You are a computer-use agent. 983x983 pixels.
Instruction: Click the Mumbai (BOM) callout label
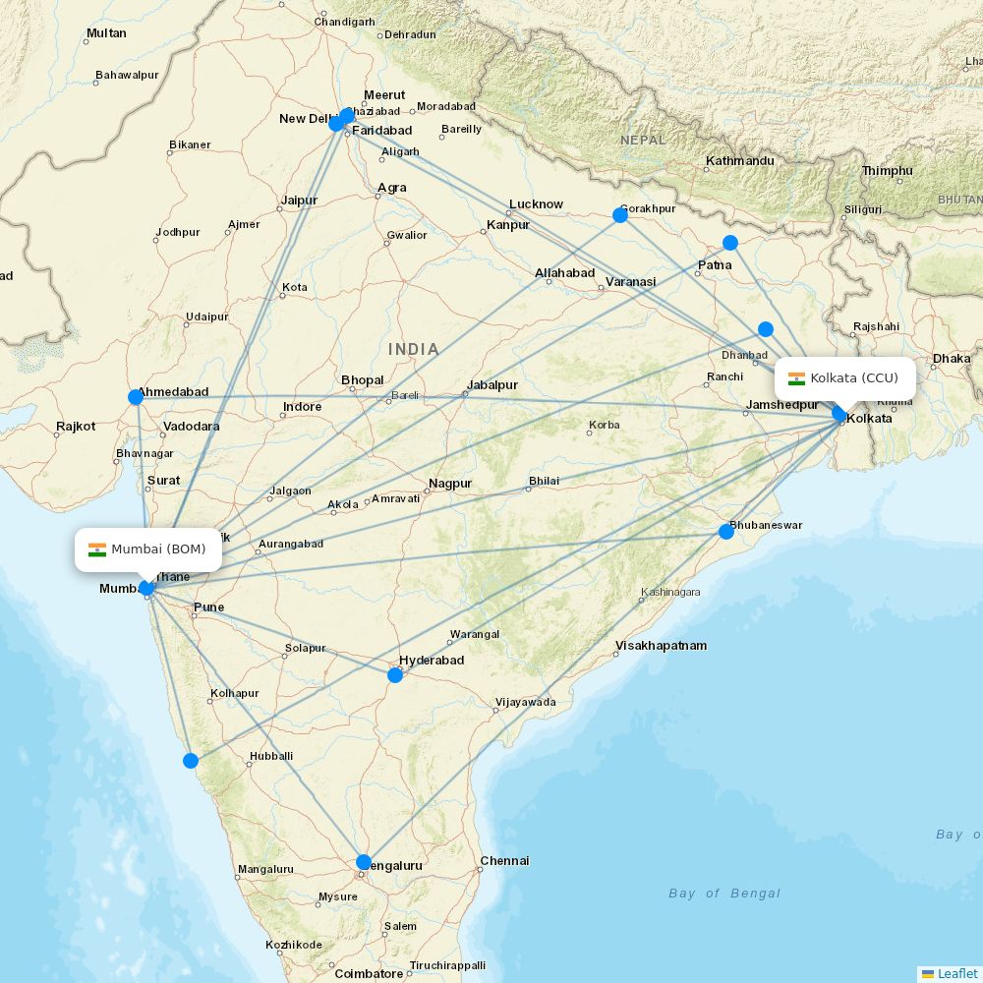coord(148,549)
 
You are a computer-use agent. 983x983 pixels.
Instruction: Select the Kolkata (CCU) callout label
coord(844,378)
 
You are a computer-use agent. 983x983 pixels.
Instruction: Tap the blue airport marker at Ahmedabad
coord(136,397)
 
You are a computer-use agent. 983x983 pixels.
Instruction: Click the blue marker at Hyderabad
coord(395,675)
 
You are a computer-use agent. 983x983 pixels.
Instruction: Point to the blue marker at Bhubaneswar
coord(726,532)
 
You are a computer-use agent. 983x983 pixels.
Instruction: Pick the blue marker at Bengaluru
coord(364,862)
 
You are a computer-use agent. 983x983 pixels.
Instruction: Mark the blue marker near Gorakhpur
coord(620,215)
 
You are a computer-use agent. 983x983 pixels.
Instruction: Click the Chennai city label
coord(504,861)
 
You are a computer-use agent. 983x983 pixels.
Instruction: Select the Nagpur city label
coord(450,484)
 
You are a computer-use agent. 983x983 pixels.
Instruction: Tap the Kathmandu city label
coord(740,161)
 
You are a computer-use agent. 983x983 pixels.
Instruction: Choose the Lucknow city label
coord(536,204)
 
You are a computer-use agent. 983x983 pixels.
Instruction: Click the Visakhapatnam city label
coord(661,646)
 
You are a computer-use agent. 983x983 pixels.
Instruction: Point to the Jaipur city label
coord(299,201)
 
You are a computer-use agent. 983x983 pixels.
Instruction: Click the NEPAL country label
coord(643,141)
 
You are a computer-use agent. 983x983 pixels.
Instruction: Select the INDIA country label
coord(414,349)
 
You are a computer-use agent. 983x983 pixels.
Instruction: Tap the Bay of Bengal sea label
coord(724,894)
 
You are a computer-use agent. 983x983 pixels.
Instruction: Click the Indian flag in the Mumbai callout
coord(97,549)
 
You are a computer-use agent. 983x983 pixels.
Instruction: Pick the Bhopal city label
coord(363,380)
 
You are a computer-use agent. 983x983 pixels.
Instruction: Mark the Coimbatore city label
coord(369,974)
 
